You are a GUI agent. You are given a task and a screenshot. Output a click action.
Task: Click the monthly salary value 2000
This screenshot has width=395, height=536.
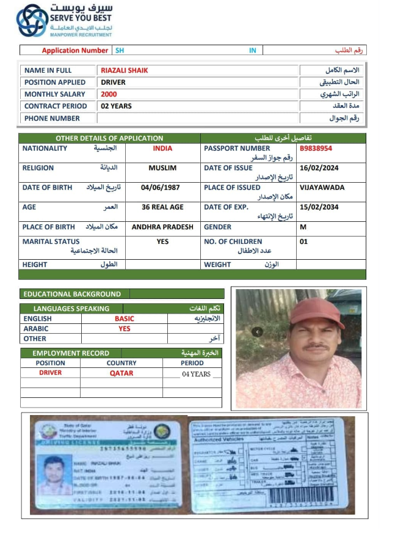pyautogui.click(x=109, y=94)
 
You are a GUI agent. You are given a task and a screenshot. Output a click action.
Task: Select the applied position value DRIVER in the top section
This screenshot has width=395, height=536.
pyautogui.click(x=113, y=82)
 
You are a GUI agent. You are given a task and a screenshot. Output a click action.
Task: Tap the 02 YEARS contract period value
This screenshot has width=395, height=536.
pyautogui.click(x=116, y=106)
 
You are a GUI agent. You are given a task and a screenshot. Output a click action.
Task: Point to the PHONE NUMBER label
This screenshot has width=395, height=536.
pyautogui.click(x=52, y=118)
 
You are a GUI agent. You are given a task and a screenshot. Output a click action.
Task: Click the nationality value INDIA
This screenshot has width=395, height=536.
pyautogui.click(x=162, y=149)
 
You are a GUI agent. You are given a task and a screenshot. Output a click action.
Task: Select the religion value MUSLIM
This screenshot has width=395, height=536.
pyautogui.click(x=162, y=168)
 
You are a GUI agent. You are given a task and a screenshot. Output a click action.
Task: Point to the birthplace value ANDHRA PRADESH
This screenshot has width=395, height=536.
pyautogui.click(x=162, y=227)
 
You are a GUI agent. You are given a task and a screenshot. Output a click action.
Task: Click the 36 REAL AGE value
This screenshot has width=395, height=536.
pyautogui.click(x=162, y=207)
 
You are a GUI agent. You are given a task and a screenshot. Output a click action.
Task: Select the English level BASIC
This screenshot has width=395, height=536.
pyautogui.click(x=124, y=318)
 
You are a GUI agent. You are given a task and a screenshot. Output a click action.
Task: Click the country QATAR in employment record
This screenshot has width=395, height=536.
pyautogui.click(x=121, y=373)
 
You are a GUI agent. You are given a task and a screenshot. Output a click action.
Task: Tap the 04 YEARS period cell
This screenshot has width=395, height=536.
pyautogui.click(x=196, y=374)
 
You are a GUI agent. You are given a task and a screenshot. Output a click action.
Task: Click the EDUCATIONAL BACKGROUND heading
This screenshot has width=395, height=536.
pyautogui.click(x=72, y=294)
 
